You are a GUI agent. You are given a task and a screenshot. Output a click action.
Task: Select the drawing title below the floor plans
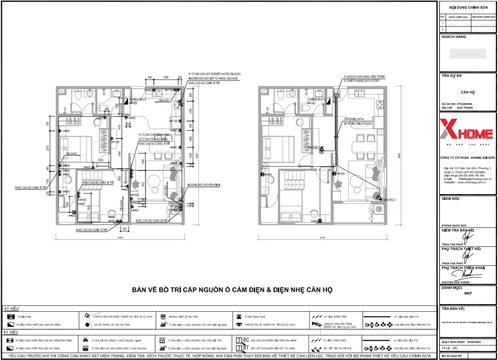click(232, 289)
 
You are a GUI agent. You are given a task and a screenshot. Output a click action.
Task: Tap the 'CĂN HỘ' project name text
click(468, 92)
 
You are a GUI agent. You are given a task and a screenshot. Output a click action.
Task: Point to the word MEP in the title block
click(468, 293)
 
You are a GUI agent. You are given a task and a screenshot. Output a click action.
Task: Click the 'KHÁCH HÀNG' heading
click(454, 37)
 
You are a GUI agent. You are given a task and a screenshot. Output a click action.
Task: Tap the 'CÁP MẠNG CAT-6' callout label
click(353, 119)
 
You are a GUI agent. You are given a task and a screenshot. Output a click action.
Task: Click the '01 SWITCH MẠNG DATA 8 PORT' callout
click(361, 80)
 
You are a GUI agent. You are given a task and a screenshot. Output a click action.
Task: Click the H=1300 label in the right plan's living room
click(341, 174)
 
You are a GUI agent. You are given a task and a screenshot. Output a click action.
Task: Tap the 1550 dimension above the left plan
click(165, 78)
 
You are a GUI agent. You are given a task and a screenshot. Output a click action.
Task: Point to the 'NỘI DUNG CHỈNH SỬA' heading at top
click(468, 7)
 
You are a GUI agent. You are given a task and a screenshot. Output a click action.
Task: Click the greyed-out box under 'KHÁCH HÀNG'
click(468, 54)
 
